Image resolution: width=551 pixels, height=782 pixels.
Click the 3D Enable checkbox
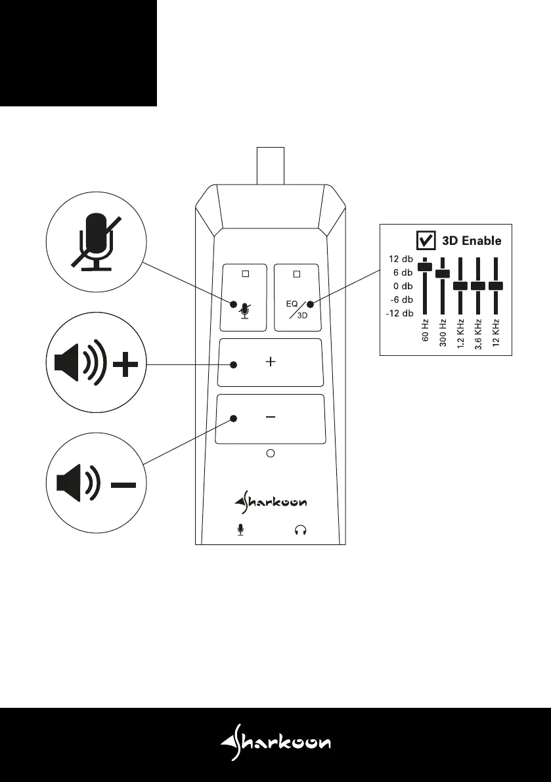coord(426,240)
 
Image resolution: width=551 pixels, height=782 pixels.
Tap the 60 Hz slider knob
coord(425,265)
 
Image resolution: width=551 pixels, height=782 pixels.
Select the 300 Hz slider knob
coord(443,272)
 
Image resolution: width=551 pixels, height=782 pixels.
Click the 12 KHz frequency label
coord(497,332)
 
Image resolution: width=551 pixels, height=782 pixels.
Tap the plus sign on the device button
coord(271,362)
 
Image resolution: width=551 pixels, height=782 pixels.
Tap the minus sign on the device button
coord(271,417)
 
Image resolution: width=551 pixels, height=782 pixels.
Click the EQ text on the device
coord(292,304)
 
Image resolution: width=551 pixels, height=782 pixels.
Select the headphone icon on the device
coord(301,529)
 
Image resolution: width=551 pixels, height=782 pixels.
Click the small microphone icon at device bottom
coord(241,529)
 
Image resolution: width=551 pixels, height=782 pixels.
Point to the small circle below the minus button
coord(271,452)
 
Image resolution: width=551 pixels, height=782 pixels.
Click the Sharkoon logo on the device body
coord(270,502)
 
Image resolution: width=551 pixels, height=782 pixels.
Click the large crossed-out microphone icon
coord(97,242)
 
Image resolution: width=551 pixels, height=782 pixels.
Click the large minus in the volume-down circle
coord(123,485)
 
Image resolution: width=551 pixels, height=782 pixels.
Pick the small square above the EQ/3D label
coord(296,273)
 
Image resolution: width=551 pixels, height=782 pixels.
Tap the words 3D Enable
coord(471,241)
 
